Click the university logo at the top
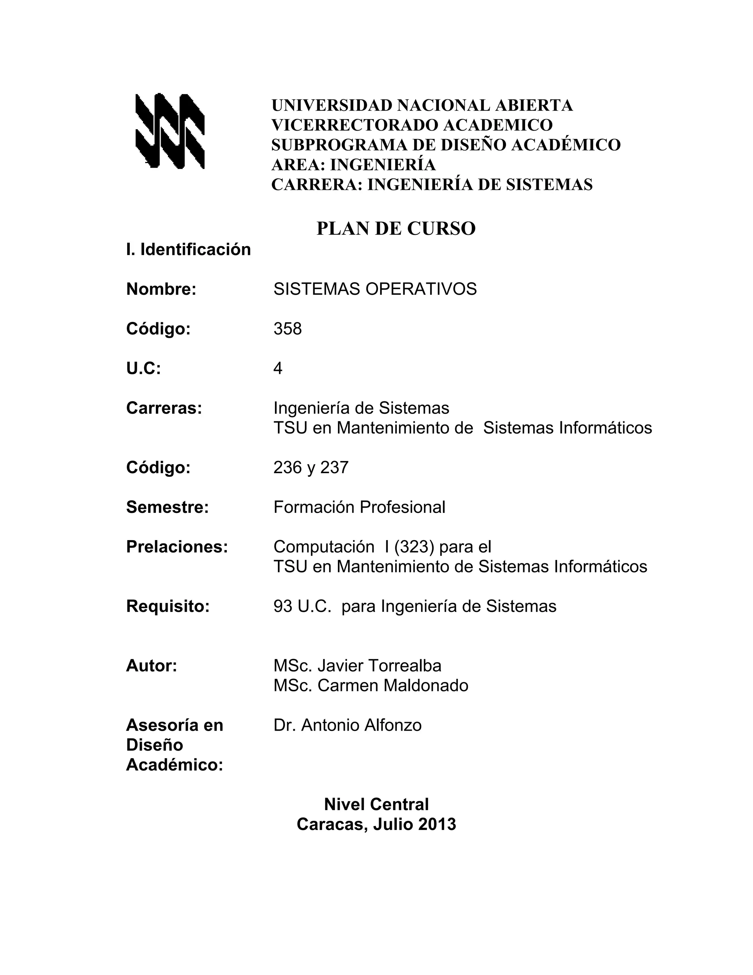pyautogui.click(x=169, y=131)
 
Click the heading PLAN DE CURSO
pyautogui.click(x=396, y=228)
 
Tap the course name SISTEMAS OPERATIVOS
pyautogui.click(x=375, y=289)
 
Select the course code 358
pyautogui.click(x=287, y=329)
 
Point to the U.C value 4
pyautogui.click(x=278, y=369)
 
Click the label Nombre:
pyautogui.click(x=161, y=289)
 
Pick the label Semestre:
pyautogui.click(x=167, y=507)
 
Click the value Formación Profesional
pyautogui.click(x=359, y=507)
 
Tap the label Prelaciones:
pyautogui.click(x=176, y=547)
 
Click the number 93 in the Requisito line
pyautogui.click(x=282, y=606)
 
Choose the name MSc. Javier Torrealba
pyautogui.click(x=357, y=666)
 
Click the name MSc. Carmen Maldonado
pyautogui.click(x=371, y=685)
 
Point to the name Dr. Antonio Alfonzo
pyautogui.click(x=347, y=725)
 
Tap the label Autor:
pyautogui.click(x=152, y=666)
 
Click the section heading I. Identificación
pyautogui.click(x=188, y=249)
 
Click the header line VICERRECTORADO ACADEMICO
pyautogui.click(x=412, y=125)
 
